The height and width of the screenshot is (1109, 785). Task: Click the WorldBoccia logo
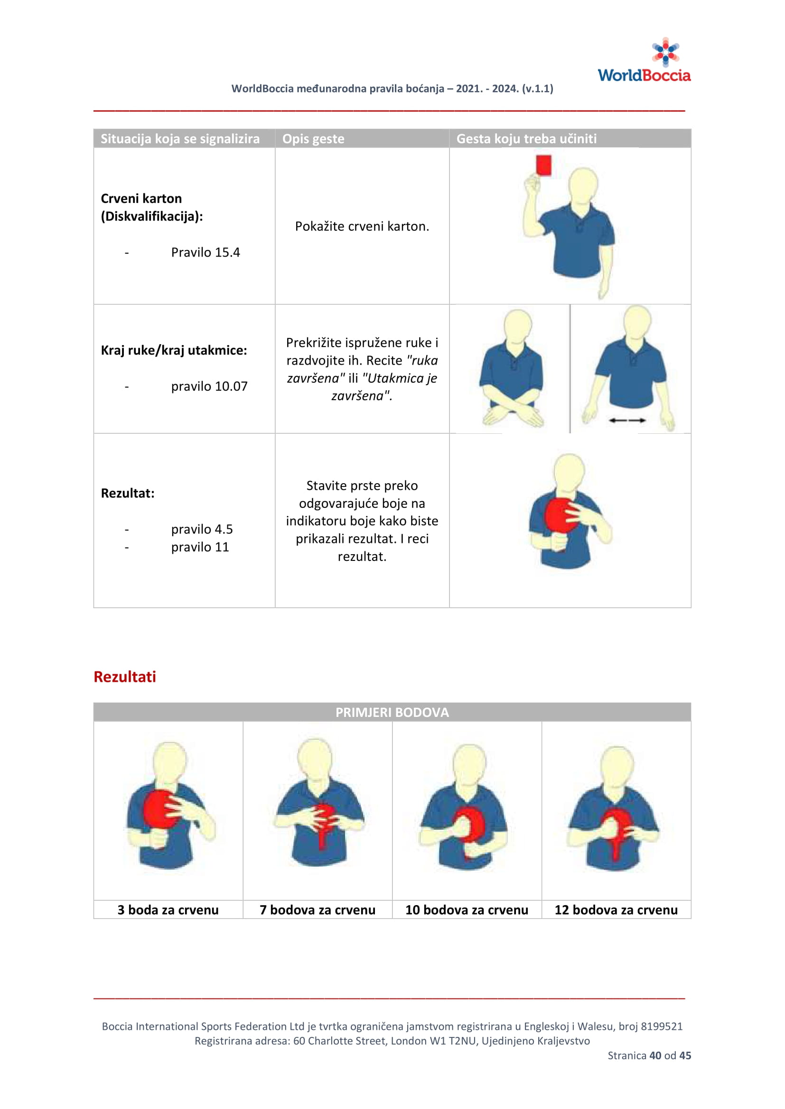tap(644, 61)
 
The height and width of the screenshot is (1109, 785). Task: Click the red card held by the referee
tap(543, 165)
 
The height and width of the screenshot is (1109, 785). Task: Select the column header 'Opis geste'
tap(313, 139)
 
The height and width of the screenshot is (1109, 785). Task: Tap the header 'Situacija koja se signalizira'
tap(180, 139)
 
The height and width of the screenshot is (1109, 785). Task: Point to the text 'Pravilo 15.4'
tap(206, 253)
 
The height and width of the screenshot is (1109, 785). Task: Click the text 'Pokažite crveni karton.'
tap(362, 227)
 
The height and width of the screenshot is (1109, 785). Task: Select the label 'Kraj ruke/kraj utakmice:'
tap(174, 350)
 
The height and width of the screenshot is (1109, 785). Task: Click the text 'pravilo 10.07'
tap(209, 386)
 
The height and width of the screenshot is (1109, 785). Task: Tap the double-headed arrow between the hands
tap(627, 421)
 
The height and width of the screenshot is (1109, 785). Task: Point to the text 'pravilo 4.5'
tap(202, 530)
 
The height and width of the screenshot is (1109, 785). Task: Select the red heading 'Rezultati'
tap(125, 677)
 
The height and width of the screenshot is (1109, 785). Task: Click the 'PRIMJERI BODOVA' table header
tap(392, 713)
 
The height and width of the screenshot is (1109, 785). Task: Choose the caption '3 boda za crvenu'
tap(168, 910)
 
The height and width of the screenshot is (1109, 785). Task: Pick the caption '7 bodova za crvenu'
tap(317, 910)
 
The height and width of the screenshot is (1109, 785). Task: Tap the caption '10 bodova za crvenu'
tap(467, 910)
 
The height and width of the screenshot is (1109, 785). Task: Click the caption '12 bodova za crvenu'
tap(616, 910)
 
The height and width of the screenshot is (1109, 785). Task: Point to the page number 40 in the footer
tap(655, 1055)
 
